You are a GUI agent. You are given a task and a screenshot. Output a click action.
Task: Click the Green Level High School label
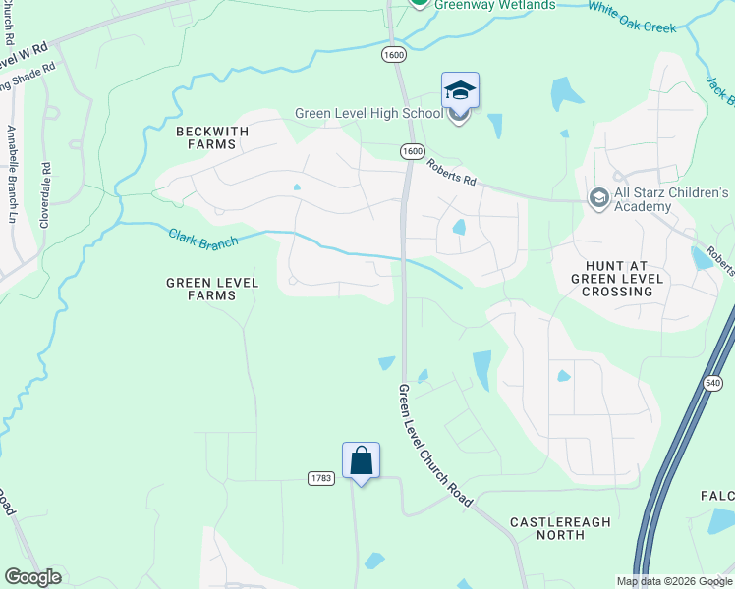(368, 114)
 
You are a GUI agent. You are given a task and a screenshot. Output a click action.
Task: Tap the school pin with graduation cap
(460, 91)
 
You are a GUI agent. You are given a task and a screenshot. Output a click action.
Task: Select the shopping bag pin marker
(361, 460)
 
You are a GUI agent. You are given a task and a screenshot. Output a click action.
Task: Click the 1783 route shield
(320, 478)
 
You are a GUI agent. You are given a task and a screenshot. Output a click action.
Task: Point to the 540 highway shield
(713, 381)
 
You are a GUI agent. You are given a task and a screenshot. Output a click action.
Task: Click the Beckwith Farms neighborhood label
(206, 137)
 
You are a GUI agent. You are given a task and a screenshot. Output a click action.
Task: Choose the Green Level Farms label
(212, 289)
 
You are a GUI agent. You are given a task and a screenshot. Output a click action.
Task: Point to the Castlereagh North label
(560, 528)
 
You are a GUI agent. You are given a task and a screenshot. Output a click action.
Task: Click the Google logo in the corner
(32, 577)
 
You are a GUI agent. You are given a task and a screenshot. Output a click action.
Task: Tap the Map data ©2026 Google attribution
(674, 581)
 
